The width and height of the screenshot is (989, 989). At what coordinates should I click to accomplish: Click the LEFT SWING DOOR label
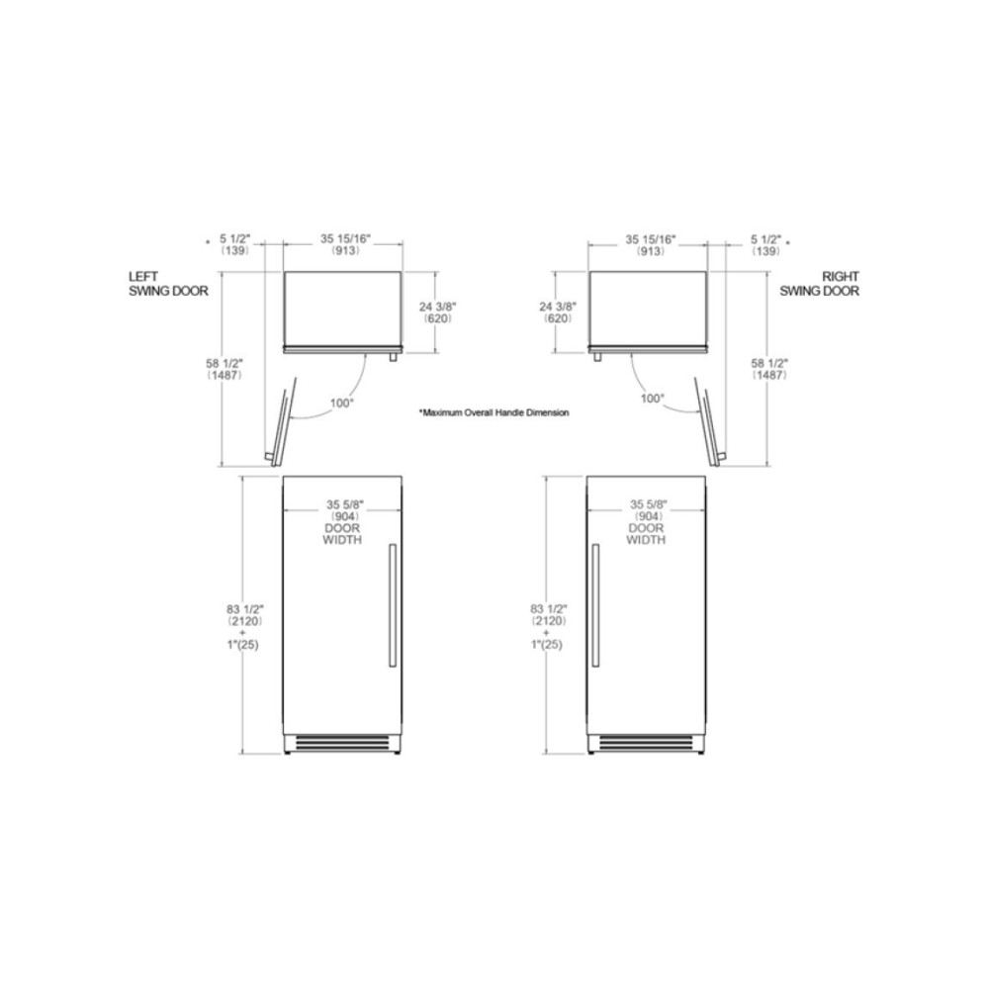tap(164, 284)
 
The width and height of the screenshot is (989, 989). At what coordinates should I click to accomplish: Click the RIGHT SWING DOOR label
tap(820, 284)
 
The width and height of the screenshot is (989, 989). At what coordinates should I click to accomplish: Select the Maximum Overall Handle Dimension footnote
tap(494, 411)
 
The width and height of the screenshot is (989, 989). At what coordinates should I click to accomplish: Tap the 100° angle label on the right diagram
tap(652, 398)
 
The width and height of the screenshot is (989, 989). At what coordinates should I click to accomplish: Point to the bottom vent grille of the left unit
tap(342, 742)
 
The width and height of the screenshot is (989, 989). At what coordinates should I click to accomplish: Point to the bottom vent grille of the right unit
tap(647, 742)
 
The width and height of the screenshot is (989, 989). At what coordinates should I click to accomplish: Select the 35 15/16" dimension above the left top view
tap(344, 244)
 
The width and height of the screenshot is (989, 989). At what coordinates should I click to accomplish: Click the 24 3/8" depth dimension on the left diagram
tap(436, 313)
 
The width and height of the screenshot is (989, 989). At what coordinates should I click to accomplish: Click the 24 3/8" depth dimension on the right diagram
tap(558, 313)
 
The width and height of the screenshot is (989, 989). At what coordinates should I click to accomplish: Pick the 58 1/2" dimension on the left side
tap(223, 369)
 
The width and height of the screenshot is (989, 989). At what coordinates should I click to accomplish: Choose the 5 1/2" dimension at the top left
tap(235, 244)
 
